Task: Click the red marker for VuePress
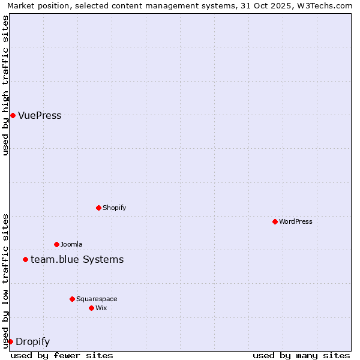[x=13, y=115]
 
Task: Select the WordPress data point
[x=275, y=221]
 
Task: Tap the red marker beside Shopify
[x=98, y=208]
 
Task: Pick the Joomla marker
[x=56, y=244]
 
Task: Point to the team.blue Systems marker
[x=25, y=259]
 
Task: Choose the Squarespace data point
[x=72, y=299]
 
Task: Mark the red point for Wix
[x=91, y=308]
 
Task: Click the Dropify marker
[x=10, y=341]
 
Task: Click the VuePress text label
[x=40, y=116]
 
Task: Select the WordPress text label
[x=296, y=221]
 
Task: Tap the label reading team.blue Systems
[x=77, y=259]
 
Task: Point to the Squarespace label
[x=97, y=299]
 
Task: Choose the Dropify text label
[x=32, y=342]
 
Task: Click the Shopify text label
[x=114, y=208]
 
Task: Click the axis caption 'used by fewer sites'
[x=62, y=355]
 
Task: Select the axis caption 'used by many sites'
[x=301, y=355]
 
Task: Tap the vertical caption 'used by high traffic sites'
[x=5, y=85]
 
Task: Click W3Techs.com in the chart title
[x=328, y=5]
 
